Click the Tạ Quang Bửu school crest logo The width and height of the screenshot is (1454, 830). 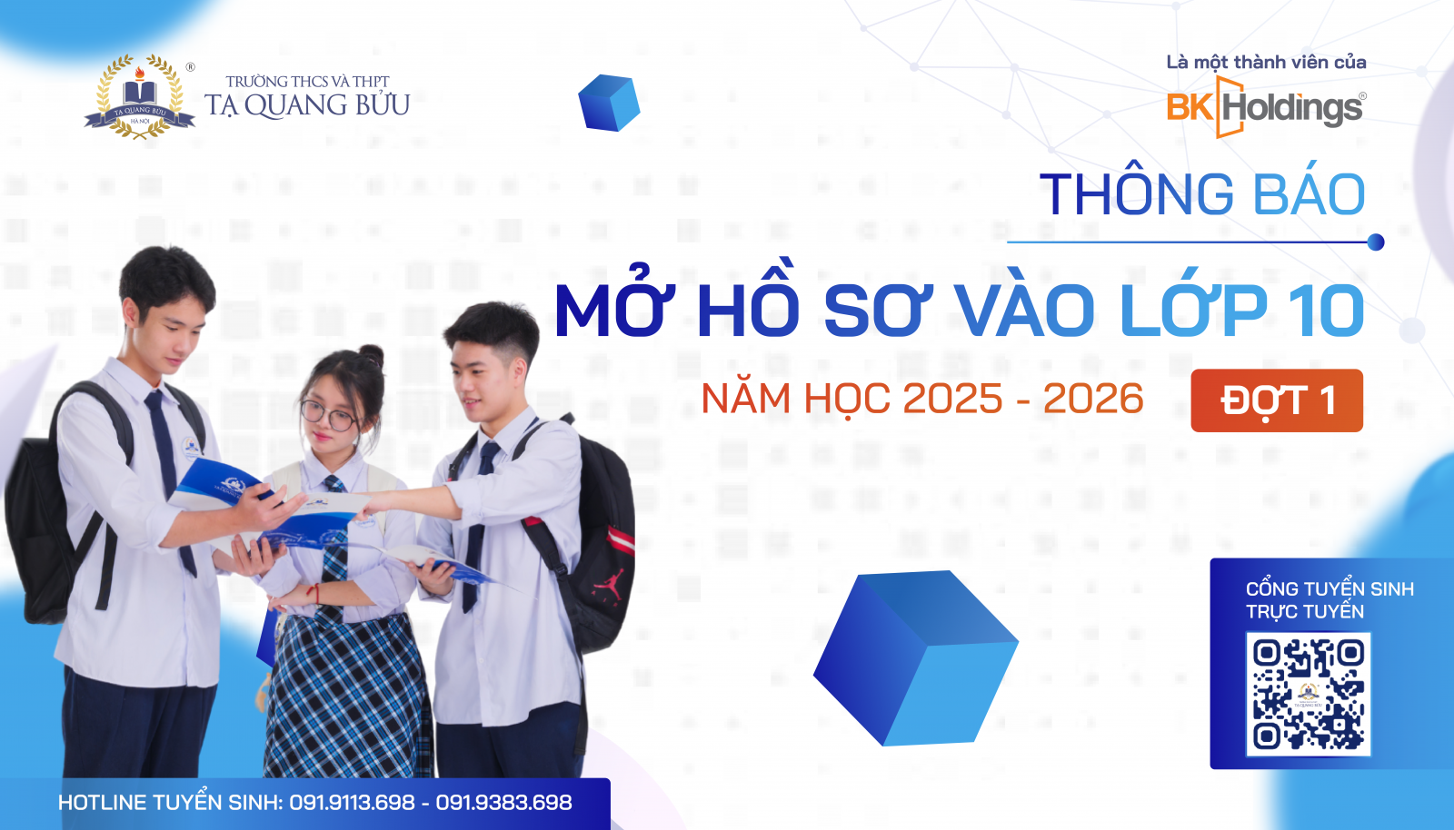click(139, 97)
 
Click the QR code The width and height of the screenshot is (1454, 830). click(1308, 695)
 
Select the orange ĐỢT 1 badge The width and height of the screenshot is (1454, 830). click(1276, 400)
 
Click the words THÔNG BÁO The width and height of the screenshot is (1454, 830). click(1201, 195)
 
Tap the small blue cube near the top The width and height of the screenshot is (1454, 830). click(609, 103)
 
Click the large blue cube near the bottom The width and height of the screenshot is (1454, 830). click(915, 657)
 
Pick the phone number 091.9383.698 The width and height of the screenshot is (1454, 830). click(503, 803)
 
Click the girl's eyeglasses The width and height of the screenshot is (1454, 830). click(328, 416)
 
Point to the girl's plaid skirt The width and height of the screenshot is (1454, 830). click(345, 690)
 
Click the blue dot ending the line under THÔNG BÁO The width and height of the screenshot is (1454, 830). click(1375, 242)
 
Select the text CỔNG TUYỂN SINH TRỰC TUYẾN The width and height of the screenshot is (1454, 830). click(1329, 600)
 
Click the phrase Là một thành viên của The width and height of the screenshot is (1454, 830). click(1266, 63)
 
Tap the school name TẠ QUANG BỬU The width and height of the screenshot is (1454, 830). click(307, 105)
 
